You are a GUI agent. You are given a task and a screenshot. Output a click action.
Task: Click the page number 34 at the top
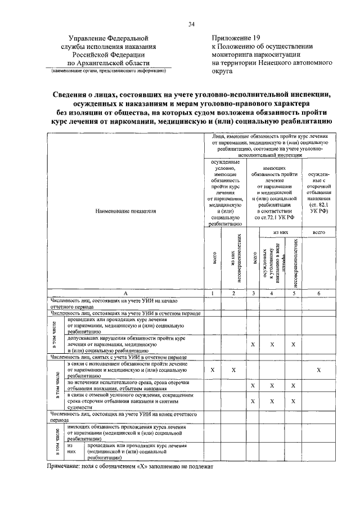click(x=191, y=24)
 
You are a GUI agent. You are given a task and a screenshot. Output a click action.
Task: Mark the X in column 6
click(x=318, y=370)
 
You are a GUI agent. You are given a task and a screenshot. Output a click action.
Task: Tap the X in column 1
click(x=213, y=370)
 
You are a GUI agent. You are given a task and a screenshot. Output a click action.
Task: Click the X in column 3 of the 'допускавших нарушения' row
click(x=253, y=344)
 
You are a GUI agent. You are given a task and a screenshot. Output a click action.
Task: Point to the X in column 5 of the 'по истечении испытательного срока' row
click(x=293, y=385)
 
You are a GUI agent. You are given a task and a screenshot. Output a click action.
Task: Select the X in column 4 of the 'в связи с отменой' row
click(x=272, y=401)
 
